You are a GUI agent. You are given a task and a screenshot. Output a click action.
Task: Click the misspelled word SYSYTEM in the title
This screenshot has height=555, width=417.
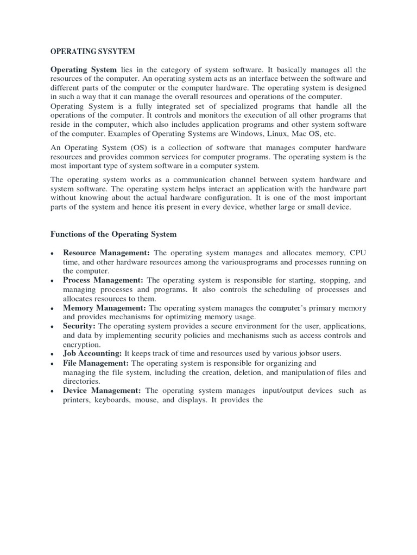[x=115, y=52]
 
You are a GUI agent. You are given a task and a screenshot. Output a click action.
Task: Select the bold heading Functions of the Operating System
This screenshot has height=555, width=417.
[x=113, y=234]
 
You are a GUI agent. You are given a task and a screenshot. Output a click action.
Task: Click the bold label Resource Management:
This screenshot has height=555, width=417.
[x=108, y=253]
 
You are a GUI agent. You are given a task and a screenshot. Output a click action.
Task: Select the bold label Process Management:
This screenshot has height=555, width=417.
[x=103, y=280]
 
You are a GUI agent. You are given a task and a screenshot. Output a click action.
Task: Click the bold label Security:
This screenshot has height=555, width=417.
[x=79, y=326]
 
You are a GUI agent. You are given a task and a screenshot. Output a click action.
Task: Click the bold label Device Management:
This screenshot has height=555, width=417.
[x=102, y=391]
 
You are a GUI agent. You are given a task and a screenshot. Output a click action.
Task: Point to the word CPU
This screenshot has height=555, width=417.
[x=358, y=253]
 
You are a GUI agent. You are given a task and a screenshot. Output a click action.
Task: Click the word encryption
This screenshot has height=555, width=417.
[x=82, y=344]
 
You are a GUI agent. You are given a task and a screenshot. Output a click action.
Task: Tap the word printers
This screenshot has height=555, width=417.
[x=77, y=400]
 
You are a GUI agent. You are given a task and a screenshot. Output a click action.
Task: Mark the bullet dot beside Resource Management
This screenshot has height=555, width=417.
[x=52, y=254]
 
